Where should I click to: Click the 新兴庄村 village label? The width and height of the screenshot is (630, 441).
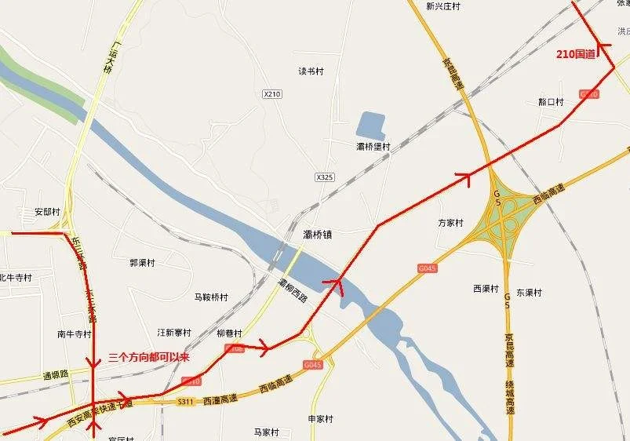[x=442, y=6]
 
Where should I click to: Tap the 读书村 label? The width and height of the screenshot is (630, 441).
[x=311, y=71]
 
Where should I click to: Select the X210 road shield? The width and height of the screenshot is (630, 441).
[x=271, y=94]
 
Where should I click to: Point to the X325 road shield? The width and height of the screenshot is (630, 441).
[x=325, y=177]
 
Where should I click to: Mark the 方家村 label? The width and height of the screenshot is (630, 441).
[x=451, y=223]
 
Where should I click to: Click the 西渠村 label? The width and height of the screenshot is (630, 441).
[x=486, y=289]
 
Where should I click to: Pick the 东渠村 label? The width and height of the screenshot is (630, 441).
[x=529, y=293]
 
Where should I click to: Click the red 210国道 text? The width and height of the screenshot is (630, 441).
[x=576, y=54]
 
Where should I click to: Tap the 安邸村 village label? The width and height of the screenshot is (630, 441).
[x=47, y=212]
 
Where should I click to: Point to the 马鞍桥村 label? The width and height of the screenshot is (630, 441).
[x=211, y=297]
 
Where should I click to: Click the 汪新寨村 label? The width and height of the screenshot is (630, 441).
[x=174, y=333]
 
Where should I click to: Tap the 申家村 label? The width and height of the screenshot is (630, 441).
[x=321, y=419]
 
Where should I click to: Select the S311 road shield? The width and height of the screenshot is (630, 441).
[x=185, y=402]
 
